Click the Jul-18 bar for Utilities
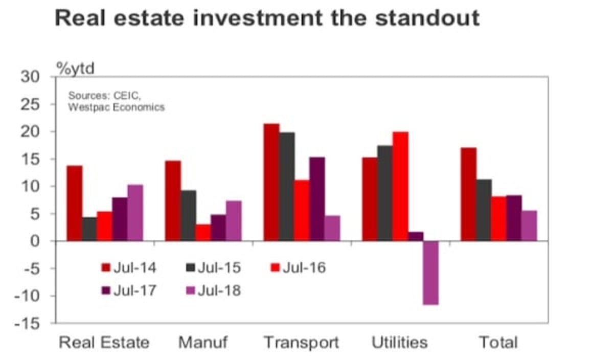coord(430,273)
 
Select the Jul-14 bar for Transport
coord(271,182)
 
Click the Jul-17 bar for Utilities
coord(416,236)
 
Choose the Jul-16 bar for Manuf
coord(203,232)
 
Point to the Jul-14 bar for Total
coord(468,194)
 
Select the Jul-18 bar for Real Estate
coord(135,213)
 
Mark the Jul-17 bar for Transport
coord(317,199)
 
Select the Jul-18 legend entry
coord(212,290)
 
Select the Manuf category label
coord(203,342)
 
